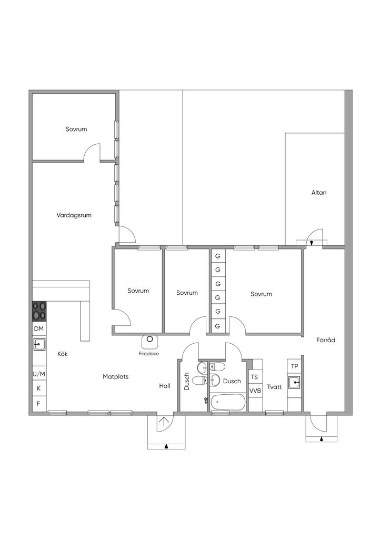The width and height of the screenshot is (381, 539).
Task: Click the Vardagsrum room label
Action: click(74, 215)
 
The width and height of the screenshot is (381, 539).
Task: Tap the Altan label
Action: click(319, 193)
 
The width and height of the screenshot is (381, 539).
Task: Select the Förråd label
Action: click(326, 340)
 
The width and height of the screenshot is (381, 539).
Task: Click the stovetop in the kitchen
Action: click(39, 311)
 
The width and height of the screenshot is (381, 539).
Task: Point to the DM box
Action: click(39, 329)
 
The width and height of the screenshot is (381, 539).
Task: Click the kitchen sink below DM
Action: click(39, 344)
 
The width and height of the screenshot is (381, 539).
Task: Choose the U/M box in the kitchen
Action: click(39, 374)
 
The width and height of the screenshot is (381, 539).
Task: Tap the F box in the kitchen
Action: click(39, 404)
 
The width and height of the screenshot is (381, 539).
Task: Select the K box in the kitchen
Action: click(39, 388)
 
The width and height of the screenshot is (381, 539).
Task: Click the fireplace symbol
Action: click(150, 341)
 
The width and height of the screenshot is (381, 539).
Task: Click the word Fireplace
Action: click(149, 353)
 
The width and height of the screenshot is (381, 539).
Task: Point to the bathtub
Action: click(228, 402)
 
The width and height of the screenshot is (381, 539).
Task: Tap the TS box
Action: click(254, 377)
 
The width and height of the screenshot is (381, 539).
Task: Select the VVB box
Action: click(255, 391)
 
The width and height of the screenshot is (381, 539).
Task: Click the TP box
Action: click(294, 366)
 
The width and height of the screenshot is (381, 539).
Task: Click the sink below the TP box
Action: click(294, 382)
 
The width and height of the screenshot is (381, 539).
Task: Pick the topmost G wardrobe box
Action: click(218, 256)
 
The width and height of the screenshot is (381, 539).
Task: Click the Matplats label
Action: click(115, 377)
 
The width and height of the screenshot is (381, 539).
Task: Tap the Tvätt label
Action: click(274, 387)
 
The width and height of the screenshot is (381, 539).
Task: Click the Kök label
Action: click(63, 354)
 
